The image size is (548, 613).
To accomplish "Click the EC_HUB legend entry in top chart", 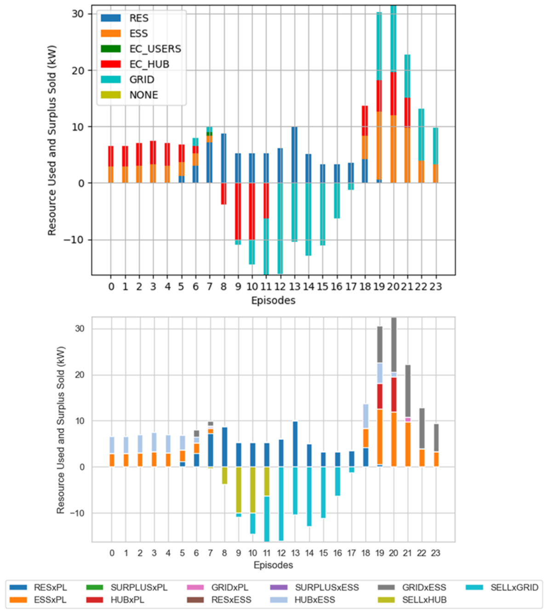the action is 135,64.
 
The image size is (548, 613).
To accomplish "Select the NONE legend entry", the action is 129,95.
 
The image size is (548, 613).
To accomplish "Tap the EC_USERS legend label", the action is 155,49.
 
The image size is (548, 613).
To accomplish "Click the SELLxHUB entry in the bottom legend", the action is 412,600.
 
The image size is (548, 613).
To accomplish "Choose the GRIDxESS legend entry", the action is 412,587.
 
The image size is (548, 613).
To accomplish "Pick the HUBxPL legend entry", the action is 115,600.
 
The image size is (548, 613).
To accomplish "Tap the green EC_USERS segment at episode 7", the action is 209,134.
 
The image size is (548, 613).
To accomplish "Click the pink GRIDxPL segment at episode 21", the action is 408,420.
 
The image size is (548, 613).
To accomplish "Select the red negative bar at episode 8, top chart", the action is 223,194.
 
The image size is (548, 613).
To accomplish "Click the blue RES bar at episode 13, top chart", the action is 294,155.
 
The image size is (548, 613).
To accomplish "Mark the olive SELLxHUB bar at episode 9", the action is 239,490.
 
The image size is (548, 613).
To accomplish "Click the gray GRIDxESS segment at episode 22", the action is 422,428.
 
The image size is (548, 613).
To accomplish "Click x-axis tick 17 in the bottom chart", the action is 351,553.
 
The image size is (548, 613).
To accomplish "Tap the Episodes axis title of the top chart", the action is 273,300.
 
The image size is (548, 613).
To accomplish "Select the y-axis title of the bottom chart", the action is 61,430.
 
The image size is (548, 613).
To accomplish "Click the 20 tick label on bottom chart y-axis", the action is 80,375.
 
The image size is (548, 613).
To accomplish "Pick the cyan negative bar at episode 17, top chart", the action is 351,186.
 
